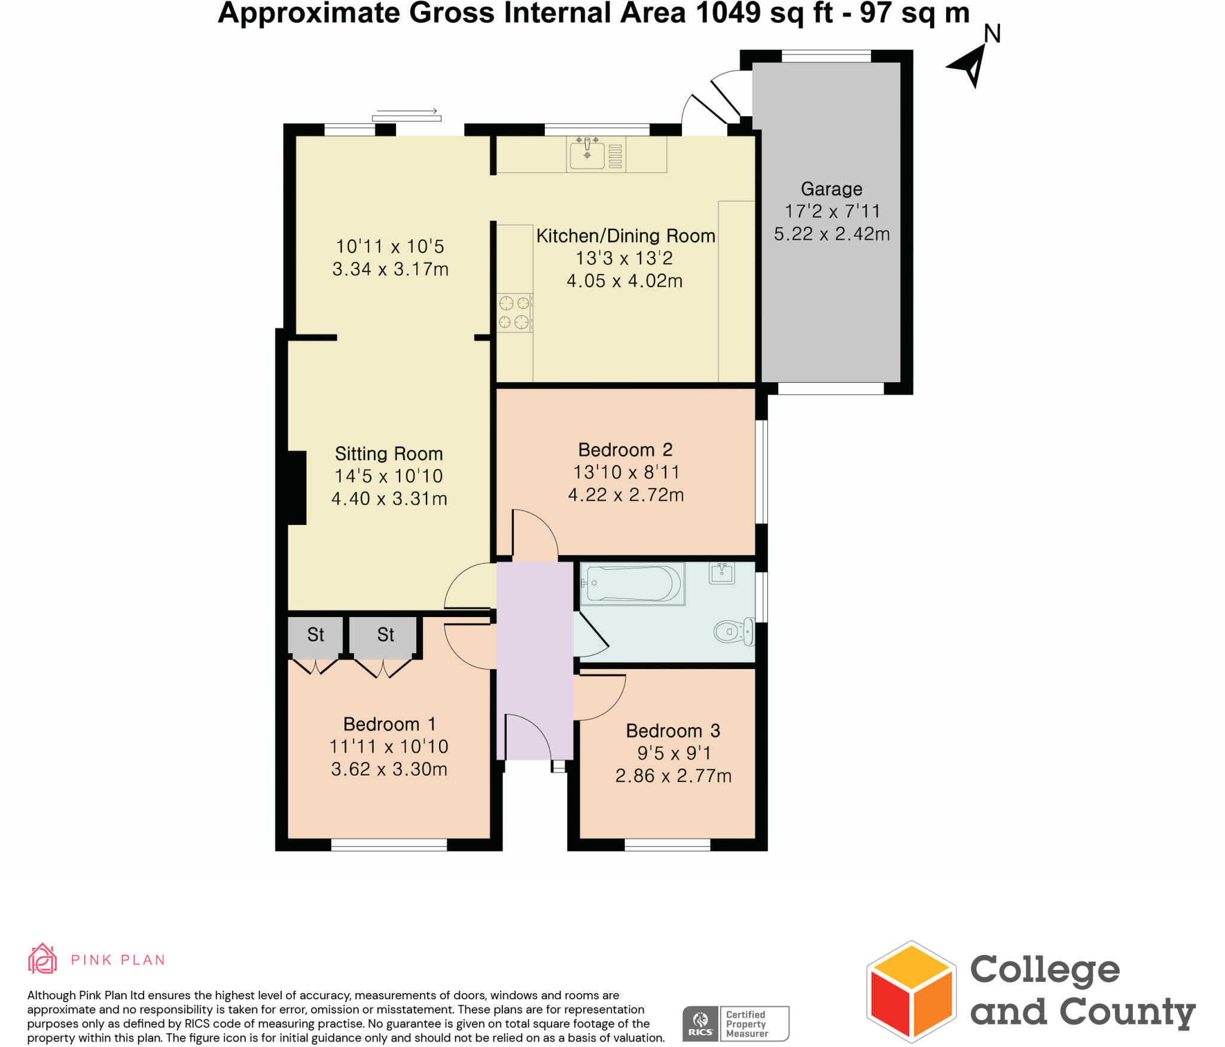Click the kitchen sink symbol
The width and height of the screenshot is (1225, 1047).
pos(587,153)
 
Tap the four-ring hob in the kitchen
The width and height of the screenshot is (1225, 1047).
pos(514,312)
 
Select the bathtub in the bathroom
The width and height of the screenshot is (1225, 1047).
pos(633,584)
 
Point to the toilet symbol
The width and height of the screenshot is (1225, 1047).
pos(733,631)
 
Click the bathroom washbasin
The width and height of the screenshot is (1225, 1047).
pos(722,573)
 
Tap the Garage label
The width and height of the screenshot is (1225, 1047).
pos(831,189)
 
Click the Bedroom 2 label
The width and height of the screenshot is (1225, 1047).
pos(625,450)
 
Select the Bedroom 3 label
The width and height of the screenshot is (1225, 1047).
pos(673,731)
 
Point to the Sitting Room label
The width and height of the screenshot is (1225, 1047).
pos(389,454)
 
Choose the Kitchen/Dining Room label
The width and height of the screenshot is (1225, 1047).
pos(626,236)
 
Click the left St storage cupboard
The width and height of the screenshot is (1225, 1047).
pos(316,635)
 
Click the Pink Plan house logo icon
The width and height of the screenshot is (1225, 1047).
pos(42,960)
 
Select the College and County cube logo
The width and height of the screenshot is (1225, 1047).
pos(911,992)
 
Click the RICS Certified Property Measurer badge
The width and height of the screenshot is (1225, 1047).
pos(736,1023)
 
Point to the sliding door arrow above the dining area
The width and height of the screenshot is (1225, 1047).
pos(407,111)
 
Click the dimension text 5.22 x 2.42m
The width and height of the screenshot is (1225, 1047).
pos(831,234)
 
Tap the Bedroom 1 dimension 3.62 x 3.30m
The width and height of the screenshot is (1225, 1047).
pos(389,769)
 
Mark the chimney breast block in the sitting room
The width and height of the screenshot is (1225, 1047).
pos(297,488)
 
